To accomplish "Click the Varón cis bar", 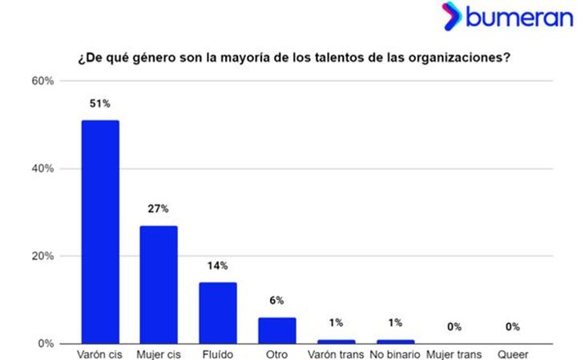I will pyautogui.click(x=100, y=232).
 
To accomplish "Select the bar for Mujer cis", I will pyautogui.click(x=159, y=285).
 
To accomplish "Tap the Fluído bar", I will pyautogui.click(x=218, y=313).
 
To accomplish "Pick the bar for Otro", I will pyautogui.click(x=276, y=330).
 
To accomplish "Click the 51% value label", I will pyautogui.click(x=100, y=104).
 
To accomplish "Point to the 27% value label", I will pyautogui.click(x=159, y=209).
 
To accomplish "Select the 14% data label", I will pyautogui.click(x=218, y=265).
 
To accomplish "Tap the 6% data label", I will pyautogui.click(x=276, y=301).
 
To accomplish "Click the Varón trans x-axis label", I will pyautogui.click(x=335, y=354).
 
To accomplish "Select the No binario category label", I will pyautogui.click(x=395, y=354).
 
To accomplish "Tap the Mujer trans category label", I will pyautogui.click(x=454, y=354).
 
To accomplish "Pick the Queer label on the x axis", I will pyautogui.click(x=513, y=354).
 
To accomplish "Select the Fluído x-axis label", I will pyautogui.click(x=218, y=354).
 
